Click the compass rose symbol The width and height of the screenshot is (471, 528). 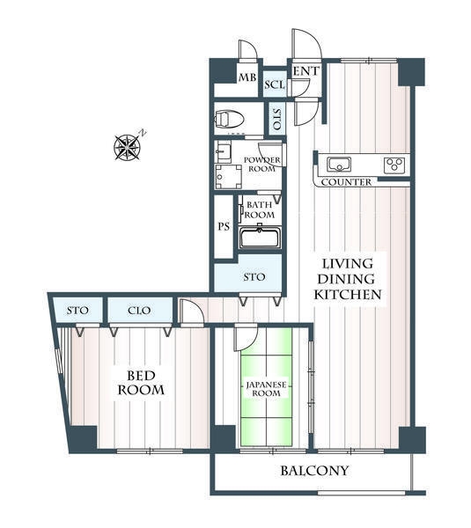pyautogui.click(x=128, y=147)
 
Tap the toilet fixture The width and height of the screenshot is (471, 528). pyautogui.click(x=229, y=119)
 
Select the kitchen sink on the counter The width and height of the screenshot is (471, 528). pyautogui.click(x=339, y=165)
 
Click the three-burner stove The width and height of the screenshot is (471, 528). pyautogui.click(x=394, y=165)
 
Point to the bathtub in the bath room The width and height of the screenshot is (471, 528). pyautogui.click(x=260, y=238)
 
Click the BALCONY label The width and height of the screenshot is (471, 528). pyautogui.click(x=314, y=471)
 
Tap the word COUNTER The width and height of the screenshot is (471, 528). pyautogui.click(x=346, y=182)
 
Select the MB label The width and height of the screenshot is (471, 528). pyautogui.click(x=247, y=77)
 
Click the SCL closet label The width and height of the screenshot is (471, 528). pyautogui.click(x=275, y=84)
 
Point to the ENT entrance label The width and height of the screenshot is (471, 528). pyautogui.click(x=305, y=71)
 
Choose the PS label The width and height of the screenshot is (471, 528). pyautogui.click(x=224, y=227)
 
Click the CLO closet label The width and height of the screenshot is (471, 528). pyautogui.click(x=139, y=311)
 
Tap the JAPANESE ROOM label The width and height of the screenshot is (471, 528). pyautogui.click(x=266, y=389)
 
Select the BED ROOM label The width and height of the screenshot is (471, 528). pyautogui.click(x=141, y=383)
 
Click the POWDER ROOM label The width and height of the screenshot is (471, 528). pyautogui.click(x=262, y=165)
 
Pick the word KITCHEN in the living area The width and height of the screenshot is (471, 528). pyautogui.click(x=348, y=295)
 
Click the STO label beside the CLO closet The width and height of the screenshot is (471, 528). pyautogui.click(x=77, y=311)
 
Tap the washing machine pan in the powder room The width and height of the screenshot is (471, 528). pyautogui.click(x=229, y=177)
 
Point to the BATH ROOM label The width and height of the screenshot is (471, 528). pyautogui.click(x=260, y=209)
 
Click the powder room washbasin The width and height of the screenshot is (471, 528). pyautogui.click(x=224, y=152)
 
